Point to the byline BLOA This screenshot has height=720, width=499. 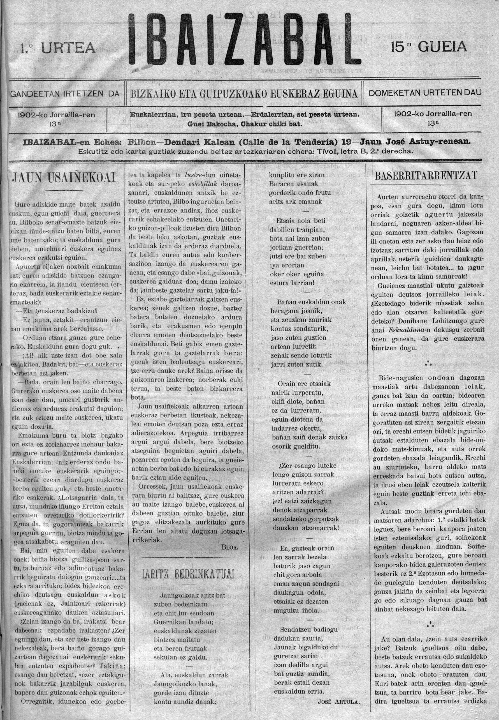(x=230, y=547)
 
